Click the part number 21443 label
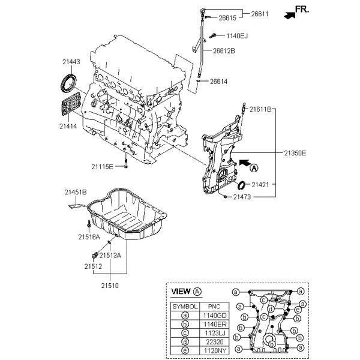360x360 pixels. point(71,62)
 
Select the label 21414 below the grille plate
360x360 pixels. point(68,126)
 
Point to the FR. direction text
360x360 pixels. point(302,10)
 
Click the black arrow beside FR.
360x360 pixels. point(290,15)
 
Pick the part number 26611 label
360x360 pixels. point(260,14)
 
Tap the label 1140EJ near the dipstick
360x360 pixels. point(237,36)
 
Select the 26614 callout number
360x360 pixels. point(218,82)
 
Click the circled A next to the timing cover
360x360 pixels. point(254,168)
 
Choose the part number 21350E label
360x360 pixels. point(295,153)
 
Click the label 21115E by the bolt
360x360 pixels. point(103,167)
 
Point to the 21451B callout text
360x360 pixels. point(76,192)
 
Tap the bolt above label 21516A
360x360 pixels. point(89,224)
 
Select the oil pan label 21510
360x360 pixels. point(110,286)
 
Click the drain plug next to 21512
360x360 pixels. point(95,255)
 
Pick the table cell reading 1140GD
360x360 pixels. point(214,316)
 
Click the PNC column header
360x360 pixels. point(214,307)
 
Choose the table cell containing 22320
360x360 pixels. point(214,342)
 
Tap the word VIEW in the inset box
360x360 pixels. point(181,292)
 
